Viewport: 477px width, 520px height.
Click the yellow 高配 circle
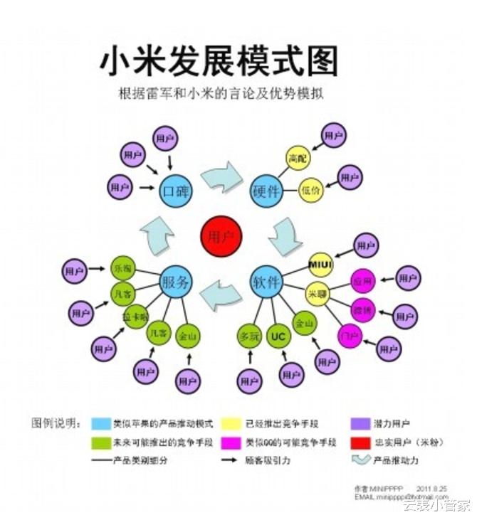coord(298,158)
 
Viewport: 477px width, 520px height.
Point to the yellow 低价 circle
coord(312,190)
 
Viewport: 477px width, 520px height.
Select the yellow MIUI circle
coord(320,265)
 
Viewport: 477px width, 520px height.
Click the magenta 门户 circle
coord(350,335)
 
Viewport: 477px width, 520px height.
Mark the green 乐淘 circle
coord(122,269)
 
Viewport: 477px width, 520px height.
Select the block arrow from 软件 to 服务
coord(221,293)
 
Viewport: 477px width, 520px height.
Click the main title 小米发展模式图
coord(219,60)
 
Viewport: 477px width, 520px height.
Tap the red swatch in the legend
coord(361,442)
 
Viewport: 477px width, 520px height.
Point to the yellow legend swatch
coord(231,424)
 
